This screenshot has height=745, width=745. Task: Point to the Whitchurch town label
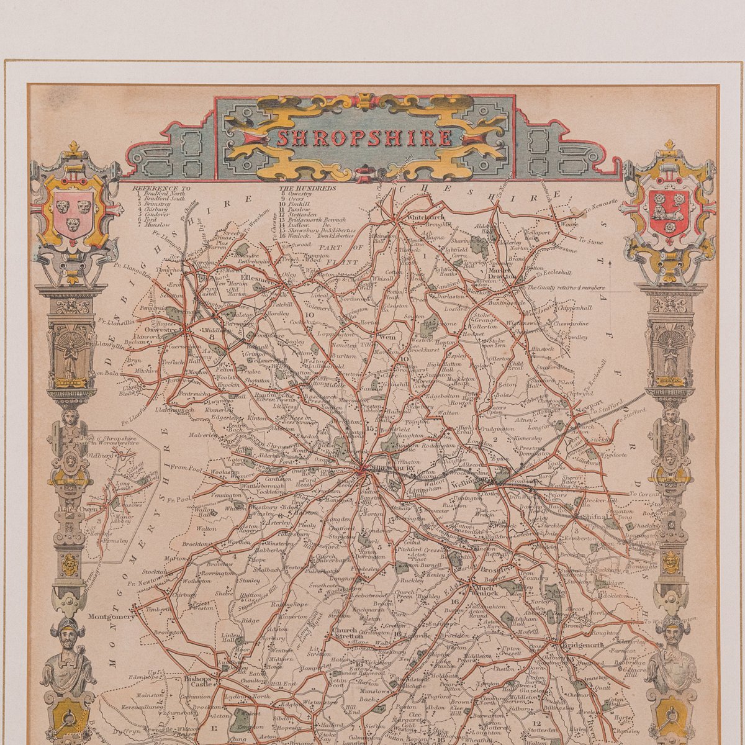[x=426, y=218]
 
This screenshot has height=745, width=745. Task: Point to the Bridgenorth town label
[x=582, y=645]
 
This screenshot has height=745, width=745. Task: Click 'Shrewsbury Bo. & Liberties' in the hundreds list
[x=317, y=230]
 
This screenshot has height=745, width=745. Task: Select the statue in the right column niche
[x=670, y=358]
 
